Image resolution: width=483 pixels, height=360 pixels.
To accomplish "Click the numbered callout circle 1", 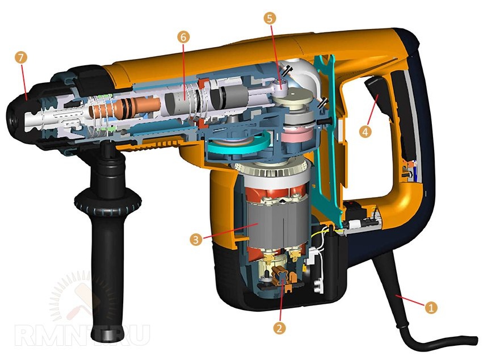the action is [431, 307].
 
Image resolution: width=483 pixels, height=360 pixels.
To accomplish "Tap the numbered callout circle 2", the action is [279, 328].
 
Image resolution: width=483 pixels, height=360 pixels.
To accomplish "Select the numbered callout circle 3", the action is [196, 239].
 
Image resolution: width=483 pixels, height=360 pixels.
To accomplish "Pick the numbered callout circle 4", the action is [366, 132].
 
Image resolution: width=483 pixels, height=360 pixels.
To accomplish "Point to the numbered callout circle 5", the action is [270, 18].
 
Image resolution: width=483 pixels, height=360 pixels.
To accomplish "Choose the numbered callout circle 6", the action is [183, 37].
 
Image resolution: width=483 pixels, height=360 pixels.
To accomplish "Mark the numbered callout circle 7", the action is [20, 58].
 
